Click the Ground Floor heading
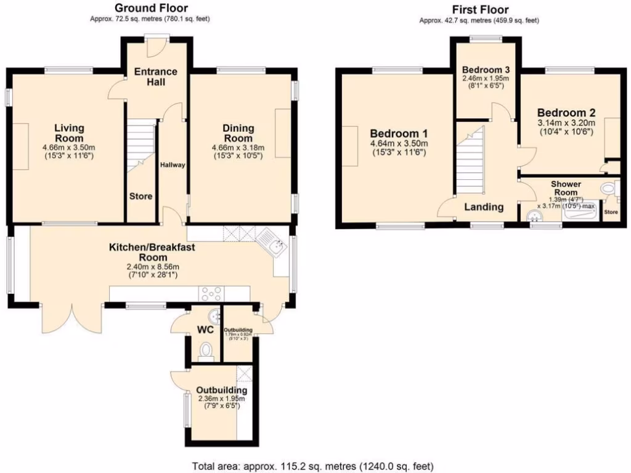[x=152, y=8]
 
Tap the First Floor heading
[x=480, y=9]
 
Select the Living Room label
[x=68, y=132]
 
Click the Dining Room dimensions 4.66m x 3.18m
[x=238, y=147]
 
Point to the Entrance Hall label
[x=155, y=76]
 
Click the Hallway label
[x=173, y=165]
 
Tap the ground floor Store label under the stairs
[x=140, y=196]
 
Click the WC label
[x=205, y=329]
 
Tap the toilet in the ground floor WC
[x=206, y=350]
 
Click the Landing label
[x=484, y=207]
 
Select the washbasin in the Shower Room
[x=534, y=215]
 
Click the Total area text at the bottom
[x=314, y=466]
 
